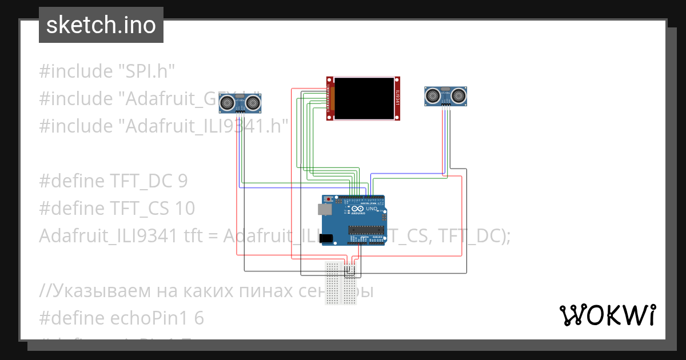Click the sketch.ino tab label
point(101,25)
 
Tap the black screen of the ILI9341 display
point(364,98)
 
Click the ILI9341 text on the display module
point(397,98)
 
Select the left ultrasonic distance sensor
point(241,102)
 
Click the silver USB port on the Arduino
point(325,210)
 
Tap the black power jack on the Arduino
point(326,238)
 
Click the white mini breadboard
point(341,282)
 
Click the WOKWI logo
point(607,315)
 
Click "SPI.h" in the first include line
point(146,71)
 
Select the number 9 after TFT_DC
point(182,181)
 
